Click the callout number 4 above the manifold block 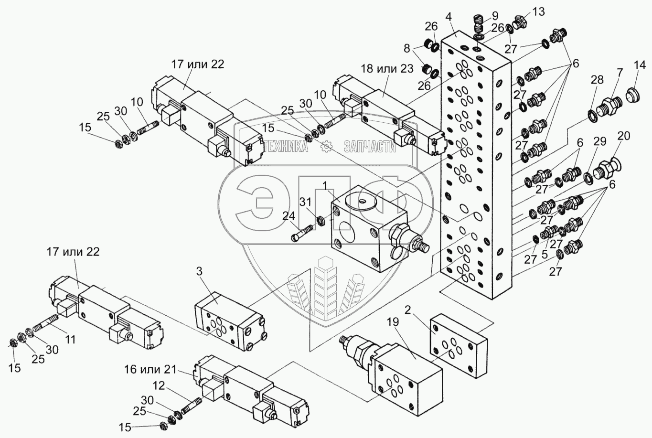[x=449, y=17]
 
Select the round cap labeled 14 [x=633, y=96]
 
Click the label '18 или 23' [x=387, y=69]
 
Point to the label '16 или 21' [x=150, y=370]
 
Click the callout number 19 [x=393, y=322]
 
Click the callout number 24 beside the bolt [x=289, y=216]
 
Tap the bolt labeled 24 [x=302, y=233]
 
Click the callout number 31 [x=306, y=202]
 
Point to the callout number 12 [x=160, y=386]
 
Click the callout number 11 [x=70, y=339]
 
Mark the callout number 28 [x=597, y=80]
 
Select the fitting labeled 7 [x=609, y=107]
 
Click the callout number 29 [x=600, y=141]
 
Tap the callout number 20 [x=624, y=136]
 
